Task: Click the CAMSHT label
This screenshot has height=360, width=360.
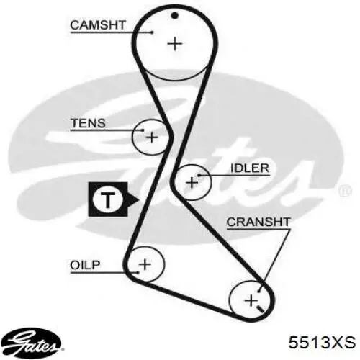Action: click(x=98, y=25)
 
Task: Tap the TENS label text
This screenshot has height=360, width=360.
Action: click(x=89, y=123)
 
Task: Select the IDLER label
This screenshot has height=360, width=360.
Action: click(x=250, y=168)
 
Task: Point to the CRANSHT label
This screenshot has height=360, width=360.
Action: click(x=258, y=222)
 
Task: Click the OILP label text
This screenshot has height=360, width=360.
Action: click(x=85, y=265)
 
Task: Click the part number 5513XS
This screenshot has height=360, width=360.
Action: click(x=322, y=342)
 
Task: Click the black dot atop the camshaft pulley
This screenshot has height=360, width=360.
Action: click(x=175, y=16)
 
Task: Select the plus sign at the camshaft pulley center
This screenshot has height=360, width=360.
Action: click(x=175, y=44)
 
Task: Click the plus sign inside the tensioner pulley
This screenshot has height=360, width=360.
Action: click(x=152, y=138)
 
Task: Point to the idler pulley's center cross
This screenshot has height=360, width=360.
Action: click(x=192, y=183)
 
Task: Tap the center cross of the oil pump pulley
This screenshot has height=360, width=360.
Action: click(x=145, y=264)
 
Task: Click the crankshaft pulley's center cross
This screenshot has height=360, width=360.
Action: click(x=251, y=300)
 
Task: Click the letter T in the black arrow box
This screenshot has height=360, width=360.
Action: click(x=108, y=199)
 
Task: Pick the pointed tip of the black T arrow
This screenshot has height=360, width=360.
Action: click(x=139, y=199)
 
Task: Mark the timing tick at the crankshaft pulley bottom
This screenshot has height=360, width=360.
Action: click(x=260, y=309)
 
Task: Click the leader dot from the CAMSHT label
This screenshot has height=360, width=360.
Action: click(x=152, y=32)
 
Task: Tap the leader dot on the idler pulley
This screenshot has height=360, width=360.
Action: click(x=199, y=176)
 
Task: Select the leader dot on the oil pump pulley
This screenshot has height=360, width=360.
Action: click(x=138, y=272)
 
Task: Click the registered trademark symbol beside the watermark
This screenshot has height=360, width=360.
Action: click(x=345, y=191)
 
